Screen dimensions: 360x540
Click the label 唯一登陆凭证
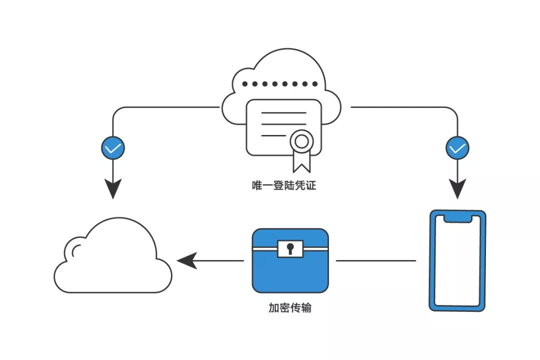[x=283, y=186]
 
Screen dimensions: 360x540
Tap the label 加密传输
[x=290, y=308]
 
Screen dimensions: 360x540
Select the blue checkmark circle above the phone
[x=457, y=148]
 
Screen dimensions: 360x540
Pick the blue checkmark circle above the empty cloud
[x=113, y=148]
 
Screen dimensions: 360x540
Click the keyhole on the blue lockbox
[x=290, y=247]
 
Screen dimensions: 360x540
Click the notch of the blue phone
[x=457, y=218]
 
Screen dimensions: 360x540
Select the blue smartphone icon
[x=457, y=260]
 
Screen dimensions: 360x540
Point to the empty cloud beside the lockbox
[x=113, y=260]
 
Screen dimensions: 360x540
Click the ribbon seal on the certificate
[x=301, y=142]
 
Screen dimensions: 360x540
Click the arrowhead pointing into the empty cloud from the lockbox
[x=186, y=260]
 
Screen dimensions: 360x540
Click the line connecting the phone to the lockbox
[x=375, y=260]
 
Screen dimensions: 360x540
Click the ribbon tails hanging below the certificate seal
[x=301, y=161]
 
